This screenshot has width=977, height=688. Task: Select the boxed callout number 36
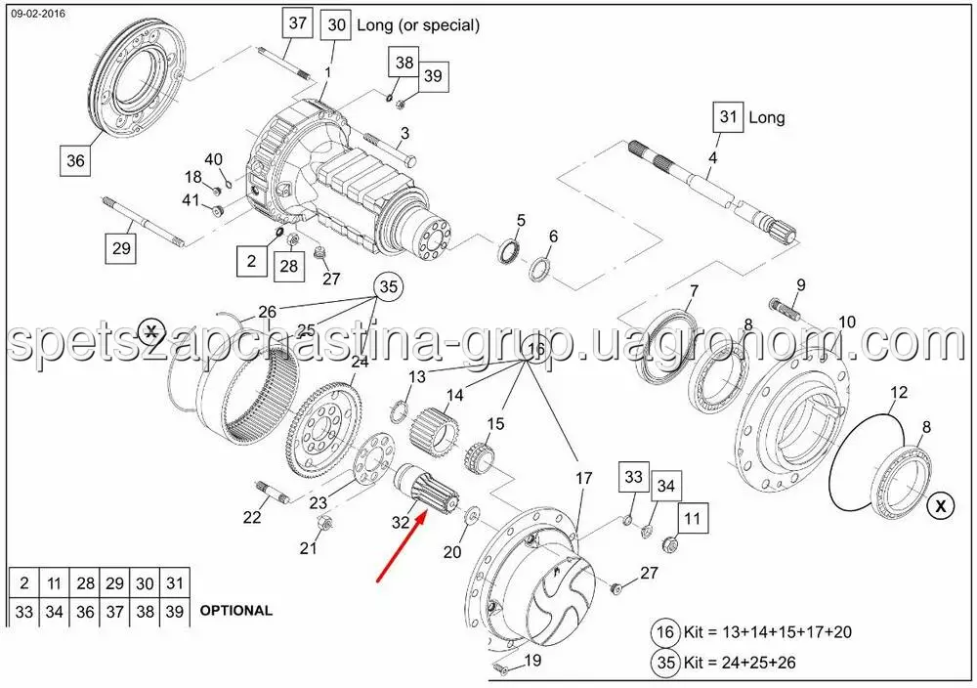click(x=75, y=161)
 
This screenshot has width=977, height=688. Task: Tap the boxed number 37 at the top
click(x=297, y=23)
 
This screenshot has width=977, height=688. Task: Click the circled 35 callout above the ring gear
click(x=388, y=286)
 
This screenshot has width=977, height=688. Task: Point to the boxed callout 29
click(x=121, y=248)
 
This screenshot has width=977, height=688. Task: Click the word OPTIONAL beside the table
click(x=236, y=611)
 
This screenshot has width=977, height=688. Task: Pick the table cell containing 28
click(x=85, y=583)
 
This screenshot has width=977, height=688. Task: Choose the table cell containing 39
click(x=175, y=612)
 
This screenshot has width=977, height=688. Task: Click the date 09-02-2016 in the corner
click(x=38, y=13)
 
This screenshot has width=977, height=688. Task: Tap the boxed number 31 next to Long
click(x=729, y=116)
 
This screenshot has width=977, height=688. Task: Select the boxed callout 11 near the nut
click(x=693, y=518)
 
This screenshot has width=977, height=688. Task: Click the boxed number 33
click(x=633, y=477)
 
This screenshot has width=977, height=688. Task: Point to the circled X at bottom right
click(x=941, y=505)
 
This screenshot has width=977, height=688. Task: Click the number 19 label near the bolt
click(x=532, y=660)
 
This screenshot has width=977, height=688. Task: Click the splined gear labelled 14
click(x=435, y=432)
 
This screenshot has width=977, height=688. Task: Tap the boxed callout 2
click(x=251, y=261)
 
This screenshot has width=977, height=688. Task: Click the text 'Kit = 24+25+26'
click(x=740, y=662)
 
